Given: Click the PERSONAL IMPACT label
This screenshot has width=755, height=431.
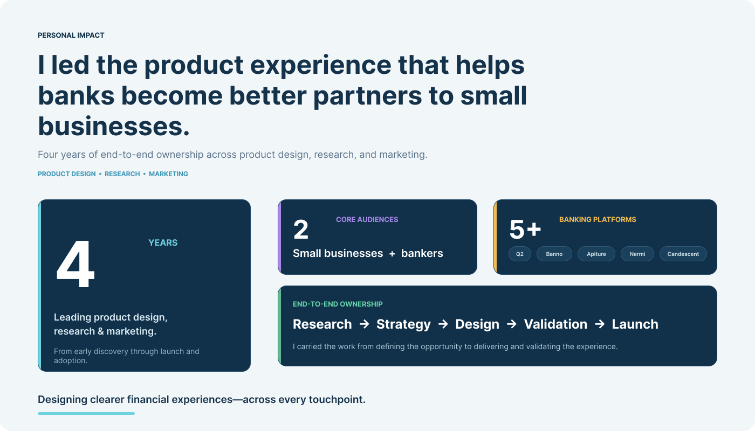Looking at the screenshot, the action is click(x=71, y=36).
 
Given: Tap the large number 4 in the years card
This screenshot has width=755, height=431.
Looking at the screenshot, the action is click(x=75, y=263).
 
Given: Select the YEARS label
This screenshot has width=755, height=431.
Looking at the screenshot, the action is click(x=163, y=243).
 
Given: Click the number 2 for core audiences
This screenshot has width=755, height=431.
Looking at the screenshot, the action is click(x=301, y=230).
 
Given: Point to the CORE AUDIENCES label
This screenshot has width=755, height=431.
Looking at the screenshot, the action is click(x=367, y=220).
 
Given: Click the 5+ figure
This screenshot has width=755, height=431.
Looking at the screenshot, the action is click(x=525, y=230).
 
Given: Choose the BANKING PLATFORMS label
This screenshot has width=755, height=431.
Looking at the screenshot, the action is click(x=598, y=220).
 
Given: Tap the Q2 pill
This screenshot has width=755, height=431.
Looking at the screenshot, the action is click(x=520, y=254).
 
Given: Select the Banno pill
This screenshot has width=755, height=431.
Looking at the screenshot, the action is click(x=554, y=254).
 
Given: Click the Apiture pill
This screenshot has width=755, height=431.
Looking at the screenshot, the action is click(x=596, y=254).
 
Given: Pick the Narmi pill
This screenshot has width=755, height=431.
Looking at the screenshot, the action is click(x=637, y=254).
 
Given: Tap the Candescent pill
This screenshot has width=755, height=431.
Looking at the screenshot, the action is click(x=683, y=254).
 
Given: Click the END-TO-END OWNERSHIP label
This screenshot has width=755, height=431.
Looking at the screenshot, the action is click(x=338, y=304).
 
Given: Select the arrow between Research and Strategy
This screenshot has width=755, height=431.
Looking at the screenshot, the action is click(x=364, y=324).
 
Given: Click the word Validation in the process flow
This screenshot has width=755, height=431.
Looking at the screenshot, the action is click(x=555, y=324).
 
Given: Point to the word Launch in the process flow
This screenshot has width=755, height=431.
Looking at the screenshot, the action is click(x=635, y=324).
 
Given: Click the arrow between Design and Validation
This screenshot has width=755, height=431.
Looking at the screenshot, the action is click(x=512, y=324).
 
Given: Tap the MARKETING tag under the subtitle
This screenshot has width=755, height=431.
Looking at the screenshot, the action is click(x=168, y=174).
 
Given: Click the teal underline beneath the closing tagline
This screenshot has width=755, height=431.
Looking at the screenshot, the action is click(x=86, y=414).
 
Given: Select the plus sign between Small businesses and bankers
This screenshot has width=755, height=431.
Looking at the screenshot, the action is click(x=392, y=254).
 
